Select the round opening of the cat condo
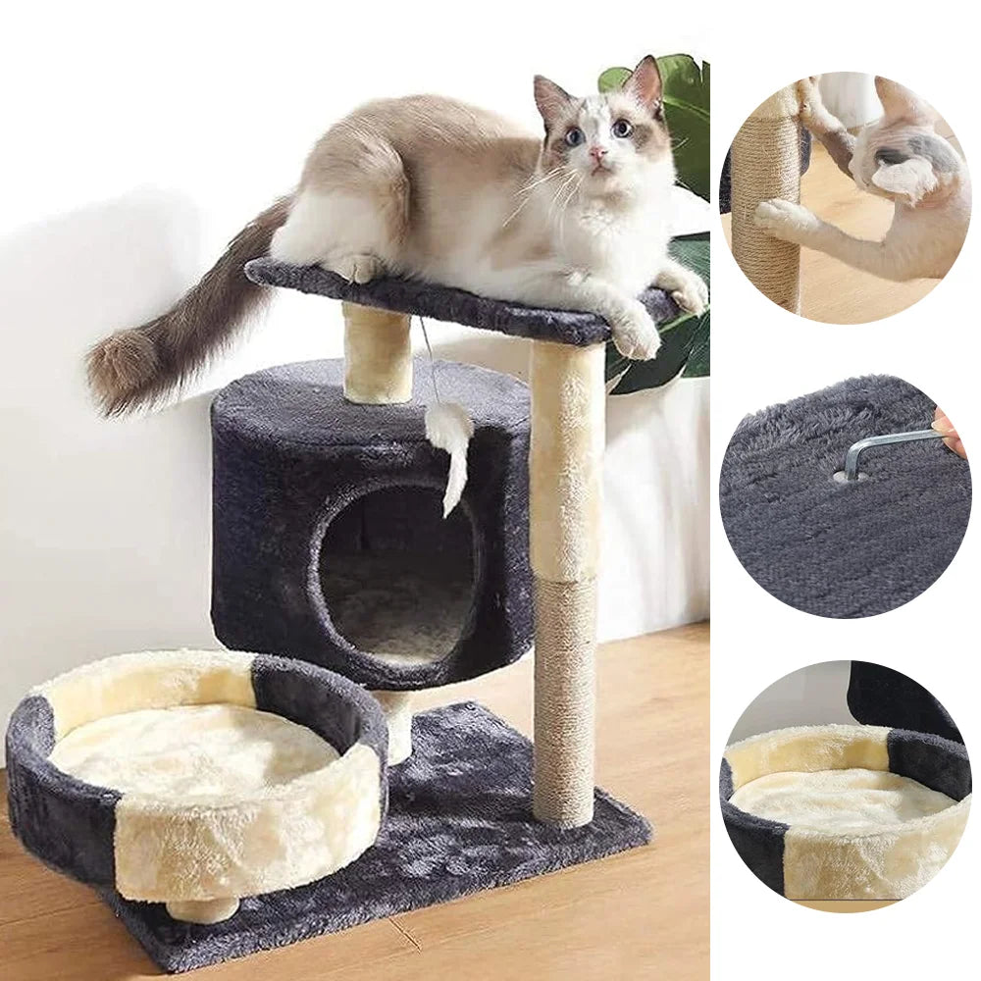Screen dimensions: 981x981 (400, 569)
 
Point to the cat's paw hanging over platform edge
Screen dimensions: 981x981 (636, 334)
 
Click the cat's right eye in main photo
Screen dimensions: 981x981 (576, 135)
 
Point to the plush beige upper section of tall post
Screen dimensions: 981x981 (566, 461)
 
